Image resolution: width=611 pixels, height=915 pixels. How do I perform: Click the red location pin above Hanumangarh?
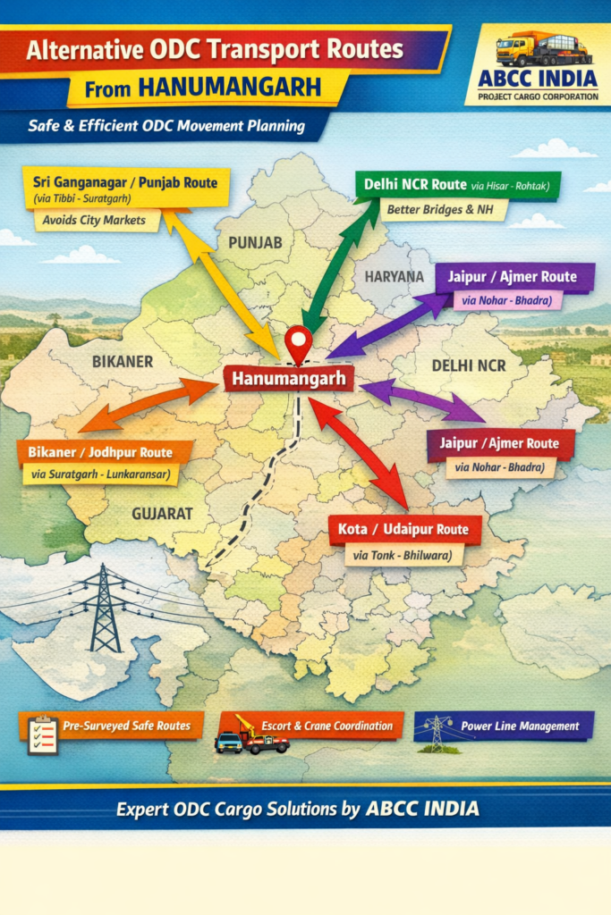point(298,342)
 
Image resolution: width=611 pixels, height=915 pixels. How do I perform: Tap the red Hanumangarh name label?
point(288,380)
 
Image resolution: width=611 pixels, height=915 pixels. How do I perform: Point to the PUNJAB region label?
point(255,242)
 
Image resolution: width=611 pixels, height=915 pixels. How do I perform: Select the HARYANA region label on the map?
point(394,277)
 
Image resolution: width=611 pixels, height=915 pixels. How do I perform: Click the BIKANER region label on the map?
point(123,362)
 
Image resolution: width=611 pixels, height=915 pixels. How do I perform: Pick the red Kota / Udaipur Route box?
point(403,530)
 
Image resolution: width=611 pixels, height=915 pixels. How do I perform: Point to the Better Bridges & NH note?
point(443,211)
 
